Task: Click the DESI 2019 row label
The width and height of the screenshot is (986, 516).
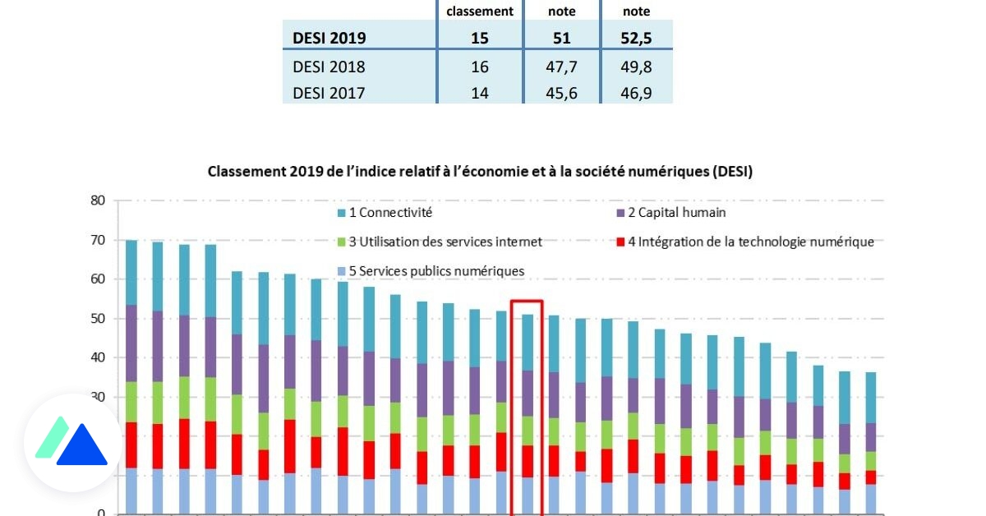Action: pyautogui.click(x=329, y=38)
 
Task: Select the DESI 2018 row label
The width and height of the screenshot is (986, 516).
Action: pyautogui.click(x=329, y=67)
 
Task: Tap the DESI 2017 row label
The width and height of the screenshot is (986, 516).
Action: pyautogui.click(x=329, y=93)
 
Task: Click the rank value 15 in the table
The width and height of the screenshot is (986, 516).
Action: pyautogui.click(x=480, y=38)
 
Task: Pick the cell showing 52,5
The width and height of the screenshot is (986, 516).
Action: pyautogui.click(x=636, y=38)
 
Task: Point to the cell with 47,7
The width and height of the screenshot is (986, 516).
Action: pyautogui.click(x=561, y=67)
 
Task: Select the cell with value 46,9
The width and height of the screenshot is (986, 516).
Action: pyautogui.click(x=636, y=93)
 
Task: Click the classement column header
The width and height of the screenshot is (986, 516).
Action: pyautogui.click(x=480, y=12)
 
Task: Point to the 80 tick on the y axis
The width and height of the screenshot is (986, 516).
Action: pyautogui.click(x=99, y=200)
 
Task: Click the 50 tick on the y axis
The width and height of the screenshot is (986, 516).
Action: pyautogui.click(x=99, y=318)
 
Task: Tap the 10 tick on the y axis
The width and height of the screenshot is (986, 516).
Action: pyautogui.click(x=99, y=475)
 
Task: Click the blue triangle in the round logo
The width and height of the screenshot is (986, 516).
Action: pyautogui.click(x=81, y=448)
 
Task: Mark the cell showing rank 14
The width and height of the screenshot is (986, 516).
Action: pyautogui.click(x=480, y=93)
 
